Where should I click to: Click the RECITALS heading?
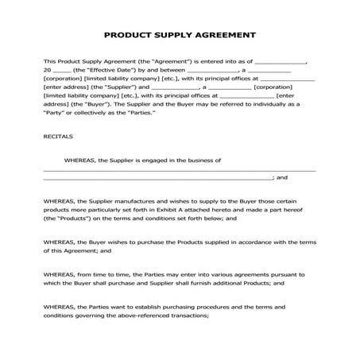coord(56,136)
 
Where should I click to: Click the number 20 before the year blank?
coord(47,70)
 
